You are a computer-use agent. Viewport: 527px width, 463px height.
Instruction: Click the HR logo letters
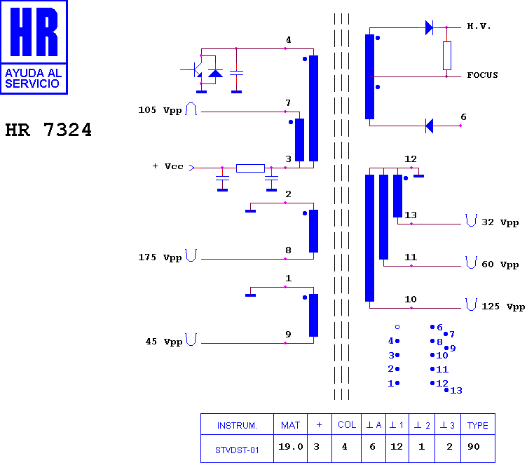click(x=34, y=32)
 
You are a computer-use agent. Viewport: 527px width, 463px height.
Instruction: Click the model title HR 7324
click(x=48, y=130)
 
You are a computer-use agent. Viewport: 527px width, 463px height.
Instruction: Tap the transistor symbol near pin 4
click(x=194, y=69)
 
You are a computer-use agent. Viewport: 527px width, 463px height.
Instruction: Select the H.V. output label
click(x=479, y=26)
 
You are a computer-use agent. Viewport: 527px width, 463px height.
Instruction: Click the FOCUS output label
click(x=482, y=75)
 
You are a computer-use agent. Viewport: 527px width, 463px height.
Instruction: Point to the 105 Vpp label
click(x=160, y=110)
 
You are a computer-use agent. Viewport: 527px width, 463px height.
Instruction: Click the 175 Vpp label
click(x=160, y=257)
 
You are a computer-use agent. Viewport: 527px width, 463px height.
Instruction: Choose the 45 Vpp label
click(x=164, y=342)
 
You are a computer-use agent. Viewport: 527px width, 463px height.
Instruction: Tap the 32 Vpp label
click(x=500, y=223)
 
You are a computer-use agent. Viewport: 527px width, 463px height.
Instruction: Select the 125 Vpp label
click(x=503, y=307)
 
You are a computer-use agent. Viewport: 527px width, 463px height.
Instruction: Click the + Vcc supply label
click(x=167, y=166)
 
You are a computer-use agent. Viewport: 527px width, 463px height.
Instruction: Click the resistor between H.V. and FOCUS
click(x=446, y=56)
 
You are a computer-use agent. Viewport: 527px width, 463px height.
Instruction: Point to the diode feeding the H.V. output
click(x=429, y=27)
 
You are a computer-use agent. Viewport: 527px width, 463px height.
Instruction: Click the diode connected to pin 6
click(x=429, y=126)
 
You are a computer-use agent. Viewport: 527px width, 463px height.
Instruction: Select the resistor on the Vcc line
click(x=250, y=168)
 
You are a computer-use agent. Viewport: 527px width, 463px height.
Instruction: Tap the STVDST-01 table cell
click(x=237, y=450)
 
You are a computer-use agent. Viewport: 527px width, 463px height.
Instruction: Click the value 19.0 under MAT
click(x=291, y=447)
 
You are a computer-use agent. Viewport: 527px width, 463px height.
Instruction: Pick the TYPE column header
click(x=478, y=426)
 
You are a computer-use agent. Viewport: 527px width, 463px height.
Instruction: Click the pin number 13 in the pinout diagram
click(x=456, y=391)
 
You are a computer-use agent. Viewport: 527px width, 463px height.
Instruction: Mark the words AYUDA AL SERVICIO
click(x=33, y=79)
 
